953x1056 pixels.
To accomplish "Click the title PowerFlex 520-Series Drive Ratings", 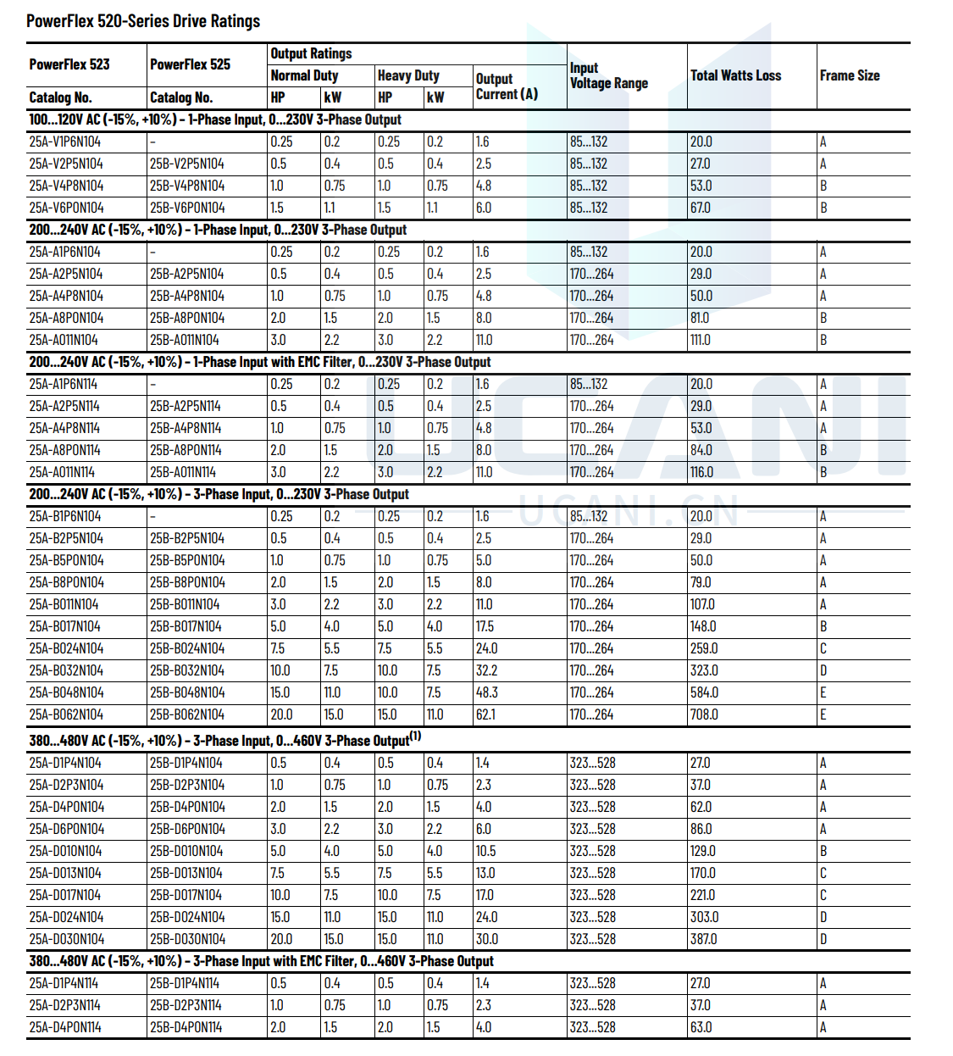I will coord(143,21).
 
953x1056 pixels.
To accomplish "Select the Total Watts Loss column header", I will coord(735,75).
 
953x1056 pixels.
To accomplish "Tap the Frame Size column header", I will coord(850,75).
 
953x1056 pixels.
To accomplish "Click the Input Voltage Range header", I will coord(608,75).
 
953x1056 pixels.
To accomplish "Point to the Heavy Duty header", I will coord(408,75).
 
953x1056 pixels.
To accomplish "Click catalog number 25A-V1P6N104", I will coord(65,142).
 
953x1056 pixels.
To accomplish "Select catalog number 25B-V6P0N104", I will coord(187,208).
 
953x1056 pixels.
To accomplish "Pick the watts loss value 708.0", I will coord(704,714).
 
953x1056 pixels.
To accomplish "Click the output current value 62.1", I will coord(485,714).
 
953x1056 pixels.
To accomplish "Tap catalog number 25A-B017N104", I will coord(65,626).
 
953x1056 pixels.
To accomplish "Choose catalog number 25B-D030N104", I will coord(187,939).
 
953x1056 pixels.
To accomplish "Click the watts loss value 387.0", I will coord(703,939).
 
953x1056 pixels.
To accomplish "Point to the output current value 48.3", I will coord(487,692).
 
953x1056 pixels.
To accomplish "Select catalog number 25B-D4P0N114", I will coord(186,1027).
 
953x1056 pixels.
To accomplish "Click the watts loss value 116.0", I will coord(701,472).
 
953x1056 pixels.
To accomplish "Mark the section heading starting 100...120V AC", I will coord(215,119).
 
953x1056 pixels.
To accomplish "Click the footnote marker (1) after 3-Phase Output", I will coord(415,736).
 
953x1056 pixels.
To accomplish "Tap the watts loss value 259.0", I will coord(704,648).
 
